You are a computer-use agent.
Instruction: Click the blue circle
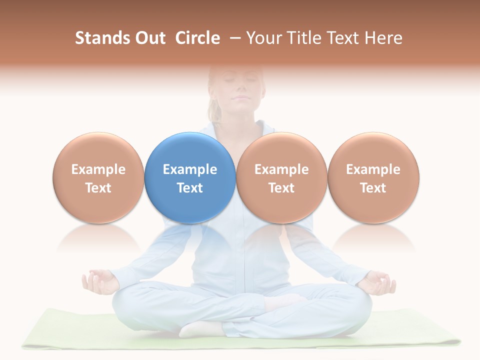(x=190, y=177)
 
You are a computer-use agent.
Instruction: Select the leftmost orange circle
(x=98, y=177)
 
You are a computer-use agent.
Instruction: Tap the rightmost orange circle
(x=373, y=177)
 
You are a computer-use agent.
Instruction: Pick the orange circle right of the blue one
(x=281, y=177)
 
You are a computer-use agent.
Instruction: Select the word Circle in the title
(x=197, y=38)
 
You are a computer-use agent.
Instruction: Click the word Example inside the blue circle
(x=190, y=169)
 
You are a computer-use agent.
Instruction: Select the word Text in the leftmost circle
(x=98, y=188)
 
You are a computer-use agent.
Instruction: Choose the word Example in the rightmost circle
(x=373, y=169)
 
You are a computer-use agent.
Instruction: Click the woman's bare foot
(x=200, y=329)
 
